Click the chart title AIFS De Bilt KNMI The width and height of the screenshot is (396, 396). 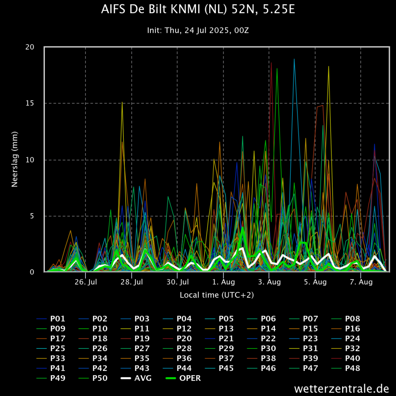pos(198,10)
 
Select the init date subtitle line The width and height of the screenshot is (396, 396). pos(198,30)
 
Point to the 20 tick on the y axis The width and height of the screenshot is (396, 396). pos(30,47)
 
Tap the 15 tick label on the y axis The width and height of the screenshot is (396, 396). pos(30,103)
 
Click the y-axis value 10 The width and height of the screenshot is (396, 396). pos(30,160)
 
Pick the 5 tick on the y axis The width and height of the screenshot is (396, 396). pos(32,216)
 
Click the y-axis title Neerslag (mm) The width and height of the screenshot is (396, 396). pos(15,159)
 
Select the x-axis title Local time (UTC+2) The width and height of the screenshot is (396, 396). pos(217,295)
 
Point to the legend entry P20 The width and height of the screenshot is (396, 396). pos(184,339)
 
